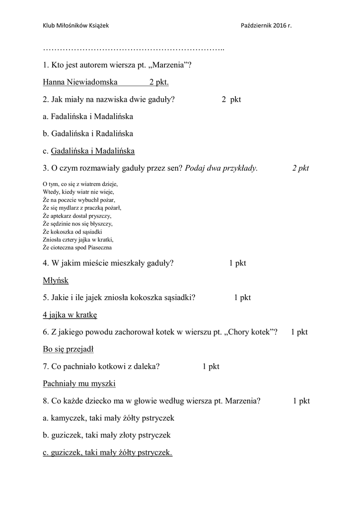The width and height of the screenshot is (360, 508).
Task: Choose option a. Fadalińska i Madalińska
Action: tap(88, 116)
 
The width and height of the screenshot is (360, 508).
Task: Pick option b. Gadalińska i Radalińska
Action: tap(88, 133)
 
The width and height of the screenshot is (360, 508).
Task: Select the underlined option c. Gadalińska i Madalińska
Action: tap(89, 151)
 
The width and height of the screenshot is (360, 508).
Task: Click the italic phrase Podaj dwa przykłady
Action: tap(221, 168)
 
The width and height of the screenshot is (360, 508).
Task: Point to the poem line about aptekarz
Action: tap(77, 216)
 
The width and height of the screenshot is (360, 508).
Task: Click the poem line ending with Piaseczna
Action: tap(77, 247)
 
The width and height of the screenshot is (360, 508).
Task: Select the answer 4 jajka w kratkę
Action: tap(70, 315)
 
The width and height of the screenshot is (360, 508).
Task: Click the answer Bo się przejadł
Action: tap(69, 349)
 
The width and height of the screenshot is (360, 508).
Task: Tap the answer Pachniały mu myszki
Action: tap(79, 383)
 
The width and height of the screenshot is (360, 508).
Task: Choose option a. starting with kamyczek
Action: tap(109, 418)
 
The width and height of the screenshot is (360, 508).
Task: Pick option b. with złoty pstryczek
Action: tap(107, 435)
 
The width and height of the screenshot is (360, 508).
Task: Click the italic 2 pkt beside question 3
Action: tap(300, 168)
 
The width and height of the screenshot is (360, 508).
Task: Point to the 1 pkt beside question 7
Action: tap(211, 367)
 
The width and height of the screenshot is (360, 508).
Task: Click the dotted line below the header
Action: tap(134, 49)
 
